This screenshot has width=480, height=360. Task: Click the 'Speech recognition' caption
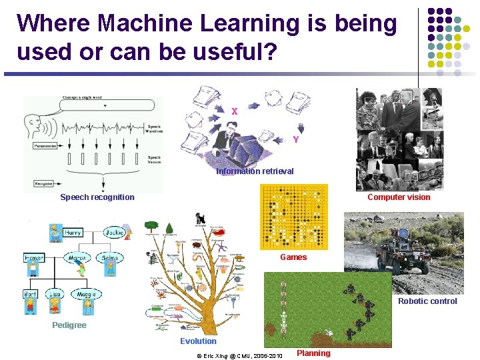[97, 197]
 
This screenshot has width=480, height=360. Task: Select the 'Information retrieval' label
[255, 171]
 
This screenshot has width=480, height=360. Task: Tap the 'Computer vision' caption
[399, 197]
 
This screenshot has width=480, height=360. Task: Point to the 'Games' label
[293, 257]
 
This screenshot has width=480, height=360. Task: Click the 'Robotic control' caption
[427, 301]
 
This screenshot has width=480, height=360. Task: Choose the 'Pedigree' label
[69, 325]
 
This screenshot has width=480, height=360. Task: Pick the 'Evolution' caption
[198, 341]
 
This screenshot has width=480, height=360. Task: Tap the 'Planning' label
[313, 353]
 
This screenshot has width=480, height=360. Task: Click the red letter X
[234, 112]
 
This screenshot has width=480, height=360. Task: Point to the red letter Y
[295, 140]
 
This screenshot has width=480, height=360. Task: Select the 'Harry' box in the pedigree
[73, 233]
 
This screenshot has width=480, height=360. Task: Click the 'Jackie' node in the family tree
[115, 233]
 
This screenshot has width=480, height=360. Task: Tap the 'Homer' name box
[34, 258]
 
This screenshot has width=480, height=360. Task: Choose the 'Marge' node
[77, 258]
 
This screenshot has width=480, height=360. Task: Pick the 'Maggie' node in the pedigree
[86, 294]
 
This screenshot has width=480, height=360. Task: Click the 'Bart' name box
[30, 294]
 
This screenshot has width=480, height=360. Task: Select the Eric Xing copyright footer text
[240, 356]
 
